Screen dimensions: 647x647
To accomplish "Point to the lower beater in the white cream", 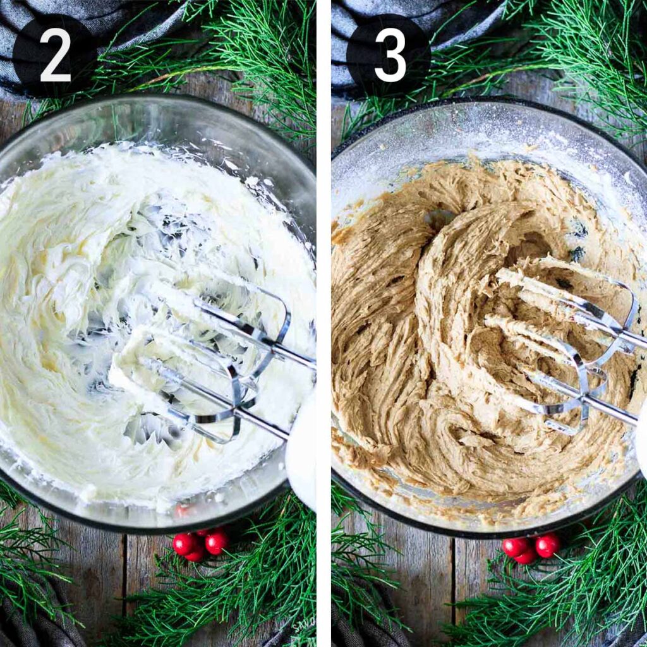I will click(209, 404).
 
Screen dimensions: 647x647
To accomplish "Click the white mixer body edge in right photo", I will click(641, 442).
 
